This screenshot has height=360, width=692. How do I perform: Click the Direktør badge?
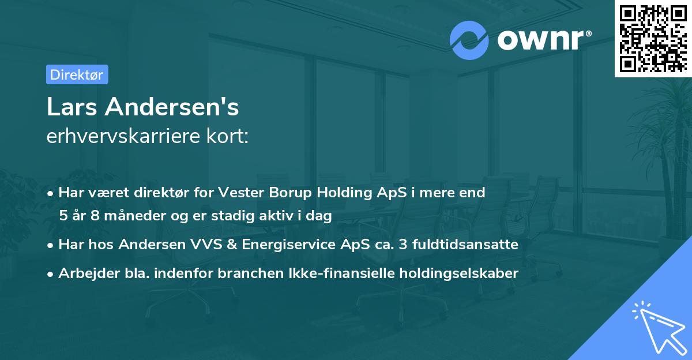(x=77, y=74)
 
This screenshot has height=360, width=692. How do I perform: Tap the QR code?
(x=652, y=38)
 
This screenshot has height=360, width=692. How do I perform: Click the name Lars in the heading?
(x=70, y=108)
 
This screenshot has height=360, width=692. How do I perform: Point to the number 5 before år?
(x=63, y=216)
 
